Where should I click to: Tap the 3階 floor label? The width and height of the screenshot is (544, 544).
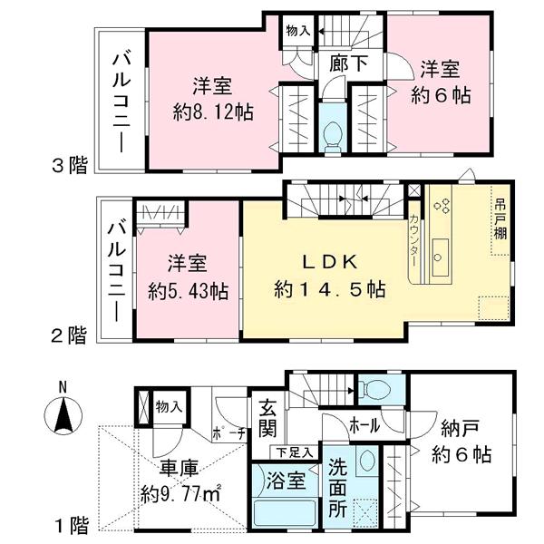(69, 165)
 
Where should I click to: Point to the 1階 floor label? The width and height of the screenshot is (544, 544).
(69, 523)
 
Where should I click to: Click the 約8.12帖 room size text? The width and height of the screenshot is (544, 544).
(212, 113)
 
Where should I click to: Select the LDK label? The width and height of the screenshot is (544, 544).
(331, 262)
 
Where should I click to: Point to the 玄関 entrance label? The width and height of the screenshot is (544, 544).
(268, 416)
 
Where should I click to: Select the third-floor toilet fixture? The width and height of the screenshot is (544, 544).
(332, 132)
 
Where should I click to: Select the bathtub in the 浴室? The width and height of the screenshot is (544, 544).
(283, 514)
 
